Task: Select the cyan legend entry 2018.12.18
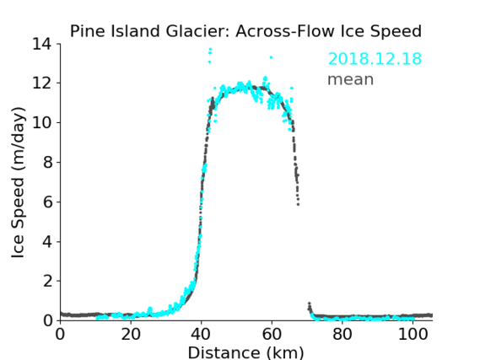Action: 375,59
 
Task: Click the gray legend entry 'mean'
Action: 351,79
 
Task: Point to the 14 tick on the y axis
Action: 41,45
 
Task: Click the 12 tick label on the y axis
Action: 41,83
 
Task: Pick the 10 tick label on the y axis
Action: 41,122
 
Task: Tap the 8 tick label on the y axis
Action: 47,162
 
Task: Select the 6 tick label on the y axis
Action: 47,201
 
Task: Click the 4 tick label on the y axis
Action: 47,242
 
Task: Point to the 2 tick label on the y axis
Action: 47,281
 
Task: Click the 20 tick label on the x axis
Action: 131,335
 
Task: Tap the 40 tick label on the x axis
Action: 201,335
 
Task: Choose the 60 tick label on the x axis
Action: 272,335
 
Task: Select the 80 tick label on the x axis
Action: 342,335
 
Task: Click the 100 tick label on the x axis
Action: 413,335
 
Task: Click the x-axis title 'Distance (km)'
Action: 245,353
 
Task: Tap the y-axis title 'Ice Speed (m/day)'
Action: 18,182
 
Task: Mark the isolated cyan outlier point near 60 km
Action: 271,57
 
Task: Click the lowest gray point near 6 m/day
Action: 298,204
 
